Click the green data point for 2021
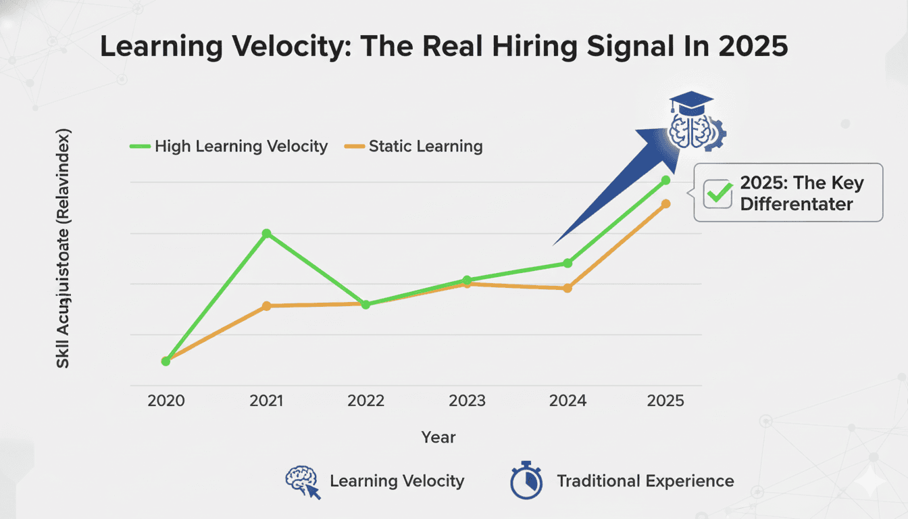point(266,233)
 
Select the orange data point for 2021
point(266,306)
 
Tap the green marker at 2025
point(665,180)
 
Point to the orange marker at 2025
point(665,203)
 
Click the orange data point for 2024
point(567,288)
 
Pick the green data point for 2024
point(567,263)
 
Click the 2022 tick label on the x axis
point(365,401)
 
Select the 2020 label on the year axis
point(166,401)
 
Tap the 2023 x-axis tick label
point(467,401)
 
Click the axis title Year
point(438,437)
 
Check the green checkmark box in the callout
point(717,193)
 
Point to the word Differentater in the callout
point(797,204)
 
